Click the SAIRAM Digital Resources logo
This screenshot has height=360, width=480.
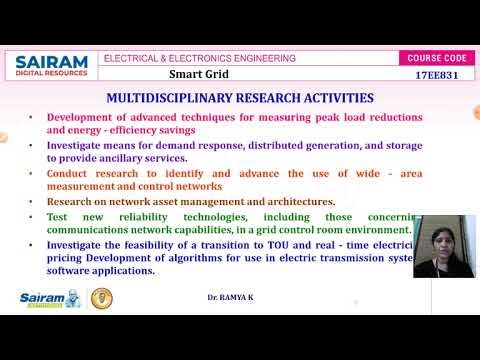tap(51, 67)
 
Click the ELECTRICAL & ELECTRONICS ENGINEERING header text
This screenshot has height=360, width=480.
tap(200, 58)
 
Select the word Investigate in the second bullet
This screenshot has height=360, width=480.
tap(81, 145)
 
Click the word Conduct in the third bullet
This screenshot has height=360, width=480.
tap(71, 173)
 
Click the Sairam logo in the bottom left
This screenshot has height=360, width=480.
tap(50, 298)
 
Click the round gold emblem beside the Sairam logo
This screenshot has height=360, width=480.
tap(102, 298)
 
